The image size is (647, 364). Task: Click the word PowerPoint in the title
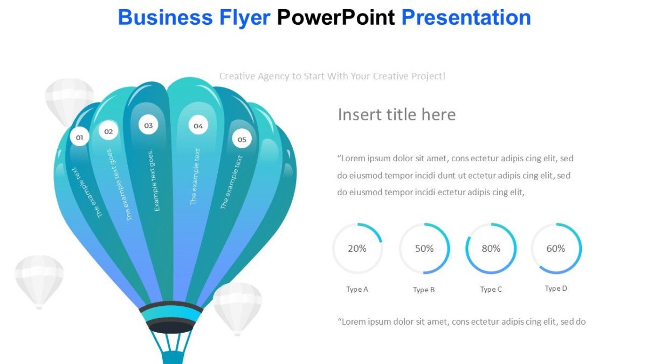[336, 18]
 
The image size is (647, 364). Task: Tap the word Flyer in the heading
[245, 18]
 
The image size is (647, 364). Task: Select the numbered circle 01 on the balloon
[79, 138]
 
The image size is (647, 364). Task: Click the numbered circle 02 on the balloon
[108, 131]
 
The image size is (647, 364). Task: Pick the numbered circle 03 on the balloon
[148, 126]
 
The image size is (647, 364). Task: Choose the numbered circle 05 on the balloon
[242, 140]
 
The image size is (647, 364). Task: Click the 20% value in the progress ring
[357, 249]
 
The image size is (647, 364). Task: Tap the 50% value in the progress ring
[424, 249]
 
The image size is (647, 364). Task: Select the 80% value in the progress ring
[491, 249]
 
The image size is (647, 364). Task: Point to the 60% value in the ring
[556, 249]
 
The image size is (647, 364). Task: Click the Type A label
[357, 290]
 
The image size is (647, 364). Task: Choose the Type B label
[424, 290]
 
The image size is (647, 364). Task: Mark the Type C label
[491, 290]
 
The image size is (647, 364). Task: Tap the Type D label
[556, 289]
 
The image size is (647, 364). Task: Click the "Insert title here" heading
[396, 114]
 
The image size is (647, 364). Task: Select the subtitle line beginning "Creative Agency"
[332, 76]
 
